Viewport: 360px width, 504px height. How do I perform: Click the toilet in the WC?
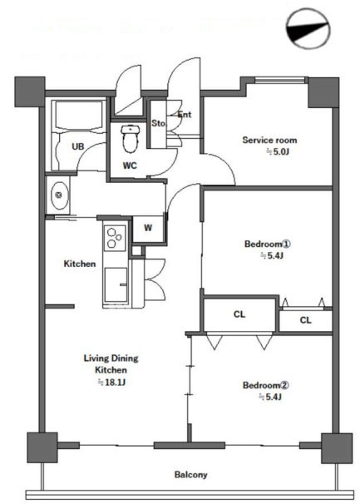pos(131,139)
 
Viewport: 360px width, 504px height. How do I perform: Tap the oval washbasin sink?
pos(60,195)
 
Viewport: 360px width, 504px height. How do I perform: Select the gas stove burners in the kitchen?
pos(115,238)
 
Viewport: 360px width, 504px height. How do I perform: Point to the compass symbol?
pos(308,28)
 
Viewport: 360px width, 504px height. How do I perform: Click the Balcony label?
pos(191,474)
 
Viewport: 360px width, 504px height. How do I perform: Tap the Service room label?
pos(269,141)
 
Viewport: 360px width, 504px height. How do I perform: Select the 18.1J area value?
pos(111,383)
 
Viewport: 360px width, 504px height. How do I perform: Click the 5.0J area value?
pos(278,151)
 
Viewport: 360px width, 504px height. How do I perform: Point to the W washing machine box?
pos(148,229)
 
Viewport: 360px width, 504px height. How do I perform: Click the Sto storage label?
pos(158,123)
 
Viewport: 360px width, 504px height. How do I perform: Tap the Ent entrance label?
pos(185,114)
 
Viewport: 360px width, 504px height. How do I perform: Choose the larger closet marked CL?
pos(239,314)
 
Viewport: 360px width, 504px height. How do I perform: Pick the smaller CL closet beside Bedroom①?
pos(305,320)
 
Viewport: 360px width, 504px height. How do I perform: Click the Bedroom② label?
pos(266,385)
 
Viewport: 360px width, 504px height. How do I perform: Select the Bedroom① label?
pos(268,244)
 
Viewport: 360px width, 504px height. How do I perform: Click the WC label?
pos(130,166)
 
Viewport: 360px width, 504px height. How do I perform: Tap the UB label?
pos(78,146)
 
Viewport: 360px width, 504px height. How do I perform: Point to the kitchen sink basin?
pos(116,284)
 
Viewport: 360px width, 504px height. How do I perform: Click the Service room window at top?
pos(279,81)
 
